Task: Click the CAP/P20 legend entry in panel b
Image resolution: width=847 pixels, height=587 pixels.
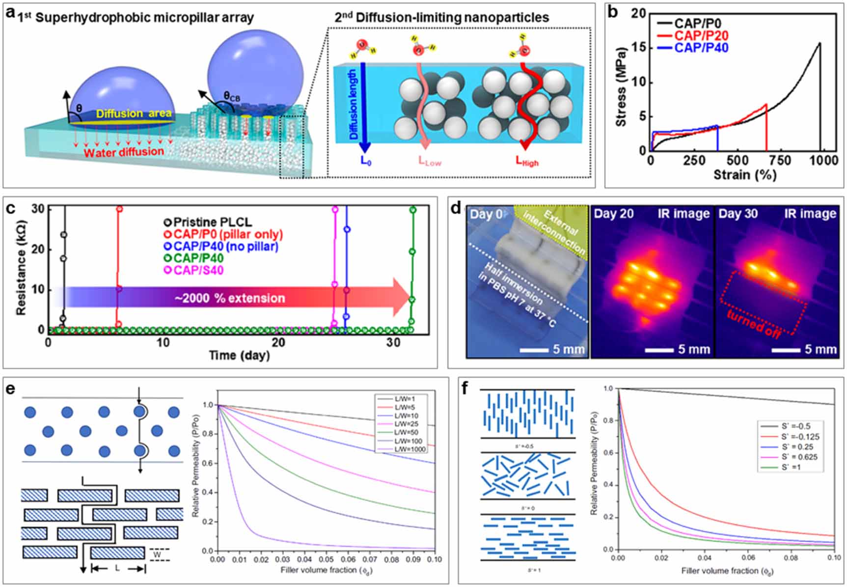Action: pyautogui.click(x=701, y=35)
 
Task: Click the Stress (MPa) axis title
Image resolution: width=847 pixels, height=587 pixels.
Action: pyautogui.click(x=621, y=87)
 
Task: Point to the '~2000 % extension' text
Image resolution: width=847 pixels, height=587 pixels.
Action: pyautogui.click(x=229, y=298)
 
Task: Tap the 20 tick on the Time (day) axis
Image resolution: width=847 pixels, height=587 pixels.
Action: pyautogui.click(x=278, y=342)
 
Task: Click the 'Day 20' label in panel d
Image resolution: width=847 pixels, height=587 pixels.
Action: pyautogui.click(x=613, y=214)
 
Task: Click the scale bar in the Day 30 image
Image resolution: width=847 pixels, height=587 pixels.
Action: pyautogui.click(x=786, y=350)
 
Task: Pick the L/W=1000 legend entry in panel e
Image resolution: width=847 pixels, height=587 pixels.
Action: pyautogui.click(x=410, y=449)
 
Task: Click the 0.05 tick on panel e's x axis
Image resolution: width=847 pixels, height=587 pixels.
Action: pyautogui.click(x=326, y=559)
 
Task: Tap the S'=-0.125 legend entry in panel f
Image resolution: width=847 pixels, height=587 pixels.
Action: pyautogui.click(x=800, y=437)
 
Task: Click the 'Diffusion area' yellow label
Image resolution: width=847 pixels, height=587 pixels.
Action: pyautogui.click(x=134, y=114)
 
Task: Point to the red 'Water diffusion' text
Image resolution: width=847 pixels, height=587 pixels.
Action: pyautogui.click(x=123, y=152)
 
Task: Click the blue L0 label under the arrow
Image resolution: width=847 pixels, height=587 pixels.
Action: pyautogui.click(x=365, y=161)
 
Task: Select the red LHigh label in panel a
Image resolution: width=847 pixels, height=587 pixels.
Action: pyautogui.click(x=527, y=161)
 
